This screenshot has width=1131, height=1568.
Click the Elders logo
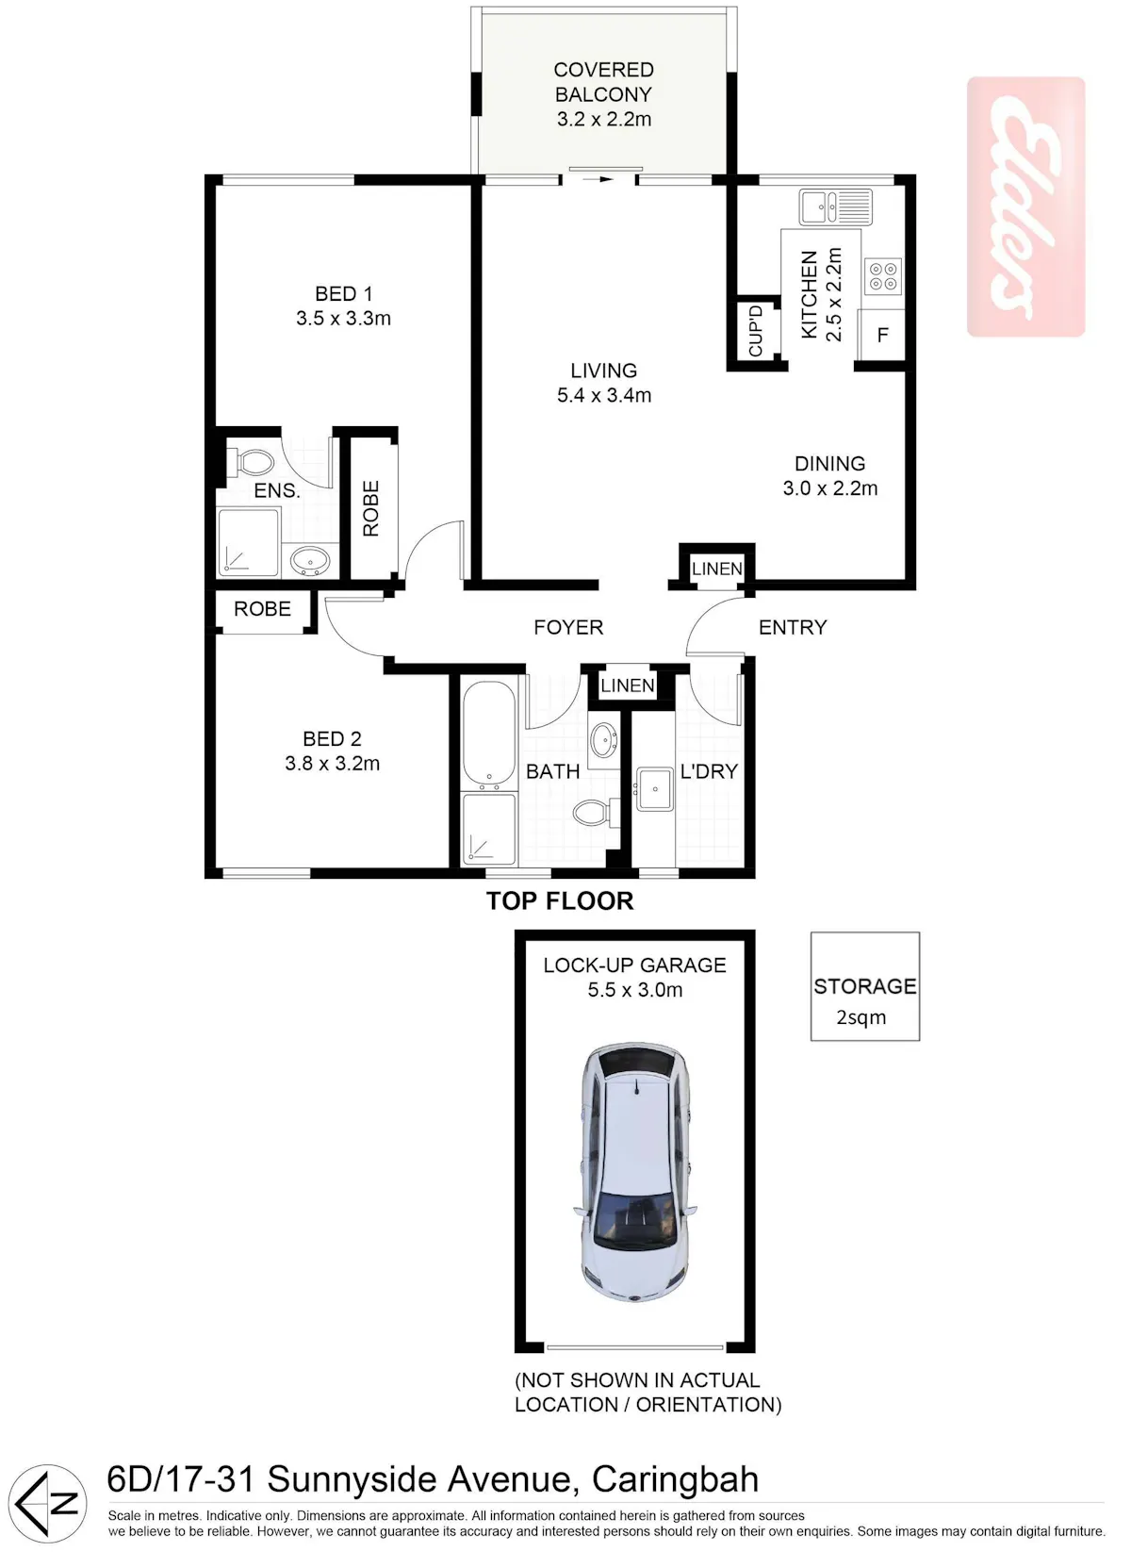1026,207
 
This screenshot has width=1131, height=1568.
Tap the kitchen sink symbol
836,207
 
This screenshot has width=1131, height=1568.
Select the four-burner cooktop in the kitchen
882,276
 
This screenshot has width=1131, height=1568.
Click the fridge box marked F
882,336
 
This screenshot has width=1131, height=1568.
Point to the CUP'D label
755,331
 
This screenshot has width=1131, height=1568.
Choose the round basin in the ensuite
310,561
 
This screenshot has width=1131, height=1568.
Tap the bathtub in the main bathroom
488,735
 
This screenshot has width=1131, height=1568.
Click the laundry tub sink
654,789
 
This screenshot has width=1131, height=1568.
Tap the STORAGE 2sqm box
865,986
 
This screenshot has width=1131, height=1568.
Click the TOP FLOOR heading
560,900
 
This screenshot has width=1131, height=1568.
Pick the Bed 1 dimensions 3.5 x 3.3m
343,319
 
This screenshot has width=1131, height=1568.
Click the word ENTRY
793,627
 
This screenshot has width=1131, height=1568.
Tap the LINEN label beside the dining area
716,569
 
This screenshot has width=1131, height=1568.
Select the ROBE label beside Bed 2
262,609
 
